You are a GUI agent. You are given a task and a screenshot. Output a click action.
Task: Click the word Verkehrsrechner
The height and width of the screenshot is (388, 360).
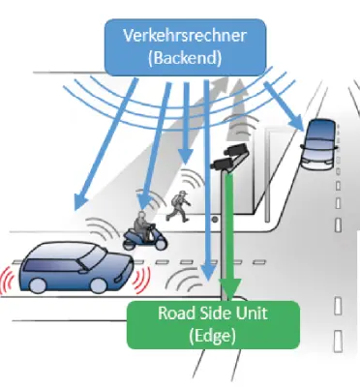tap(185, 36)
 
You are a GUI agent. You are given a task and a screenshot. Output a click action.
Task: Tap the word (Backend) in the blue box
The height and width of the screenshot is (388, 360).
tap(185, 58)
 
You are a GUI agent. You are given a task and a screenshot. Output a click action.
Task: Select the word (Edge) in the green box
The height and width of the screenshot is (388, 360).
tap(212, 336)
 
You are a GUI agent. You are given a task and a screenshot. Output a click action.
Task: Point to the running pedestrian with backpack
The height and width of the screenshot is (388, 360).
tap(178, 206)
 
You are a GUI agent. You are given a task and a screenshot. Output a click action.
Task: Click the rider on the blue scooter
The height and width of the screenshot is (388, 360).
tap(142, 225)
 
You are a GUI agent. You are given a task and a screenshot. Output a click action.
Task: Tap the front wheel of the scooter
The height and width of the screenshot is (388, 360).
tap(161, 243)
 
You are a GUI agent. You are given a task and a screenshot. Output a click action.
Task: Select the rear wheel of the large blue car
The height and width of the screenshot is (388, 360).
tap(38, 285)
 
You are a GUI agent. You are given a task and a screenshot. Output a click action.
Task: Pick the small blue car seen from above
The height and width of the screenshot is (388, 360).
tap(320, 144)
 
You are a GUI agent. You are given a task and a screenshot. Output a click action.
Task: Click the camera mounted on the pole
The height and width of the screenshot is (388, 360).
tap(229, 157)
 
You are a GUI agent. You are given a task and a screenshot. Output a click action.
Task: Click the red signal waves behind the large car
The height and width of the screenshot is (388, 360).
tap(7, 280)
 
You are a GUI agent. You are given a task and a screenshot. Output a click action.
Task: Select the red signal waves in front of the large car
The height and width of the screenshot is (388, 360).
tap(143, 280)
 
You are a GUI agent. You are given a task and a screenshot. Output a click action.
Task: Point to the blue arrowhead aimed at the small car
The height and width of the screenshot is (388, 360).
tap(296, 124)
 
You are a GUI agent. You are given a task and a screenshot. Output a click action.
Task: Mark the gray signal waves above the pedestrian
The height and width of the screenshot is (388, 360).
tap(190, 179)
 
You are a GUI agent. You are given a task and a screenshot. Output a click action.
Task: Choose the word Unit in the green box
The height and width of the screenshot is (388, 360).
tap(253, 313)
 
